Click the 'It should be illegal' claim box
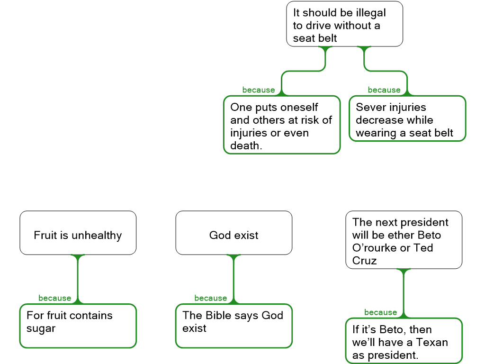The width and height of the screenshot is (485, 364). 344,24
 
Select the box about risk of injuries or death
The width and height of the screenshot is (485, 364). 281,125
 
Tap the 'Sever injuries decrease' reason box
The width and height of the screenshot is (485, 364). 407,118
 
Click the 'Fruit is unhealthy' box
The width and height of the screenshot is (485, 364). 78,233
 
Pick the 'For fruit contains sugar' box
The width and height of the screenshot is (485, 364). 78,326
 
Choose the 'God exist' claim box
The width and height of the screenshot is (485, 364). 234,233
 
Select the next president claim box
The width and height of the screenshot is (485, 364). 404,240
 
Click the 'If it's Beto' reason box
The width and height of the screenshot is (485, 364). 404,340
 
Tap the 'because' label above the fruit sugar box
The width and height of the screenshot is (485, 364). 54,298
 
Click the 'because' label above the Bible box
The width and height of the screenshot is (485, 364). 210,298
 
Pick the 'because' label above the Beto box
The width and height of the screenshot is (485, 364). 380,312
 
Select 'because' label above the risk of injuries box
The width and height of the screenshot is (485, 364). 258,90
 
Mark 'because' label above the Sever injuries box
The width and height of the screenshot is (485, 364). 384,90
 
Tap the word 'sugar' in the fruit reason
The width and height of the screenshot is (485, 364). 41,328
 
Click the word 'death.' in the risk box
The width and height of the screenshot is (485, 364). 246,146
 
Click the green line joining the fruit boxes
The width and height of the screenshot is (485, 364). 78,280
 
